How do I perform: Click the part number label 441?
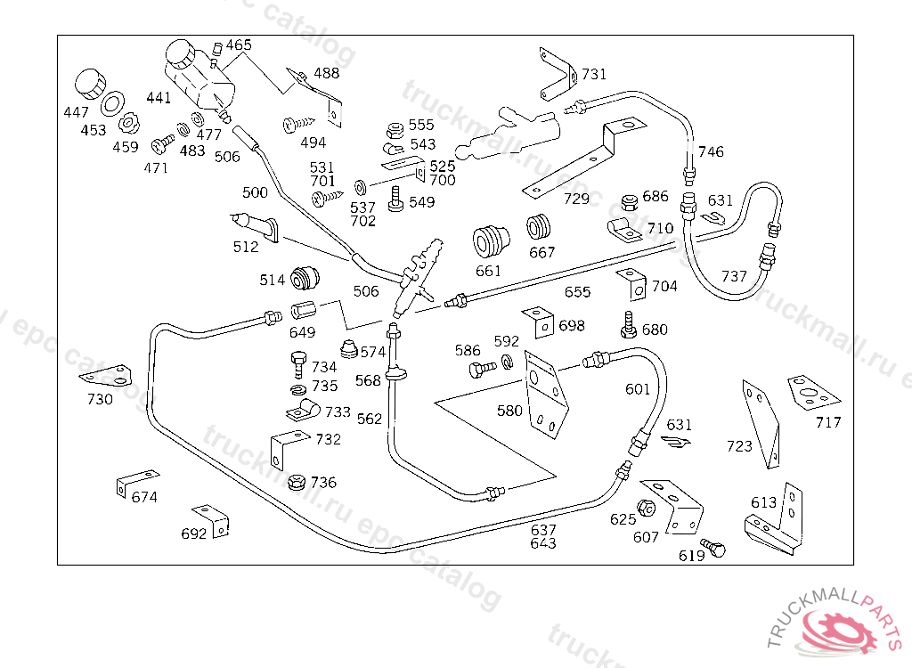pyautogui.click(x=159, y=98)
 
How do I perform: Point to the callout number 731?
pyautogui.click(x=594, y=74)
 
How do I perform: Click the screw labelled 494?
pyautogui.click(x=297, y=124)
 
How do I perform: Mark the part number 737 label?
pyautogui.click(x=734, y=277)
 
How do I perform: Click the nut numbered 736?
pyautogui.click(x=297, y=483)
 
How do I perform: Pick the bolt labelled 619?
pyautogui.click(x=712, y=548)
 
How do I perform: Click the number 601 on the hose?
pyautogui.click(x=637, y=389)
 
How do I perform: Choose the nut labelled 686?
pyautogui.click(x=628, y=200)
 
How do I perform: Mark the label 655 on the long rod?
pyautogui.click(x=577, y=292)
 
